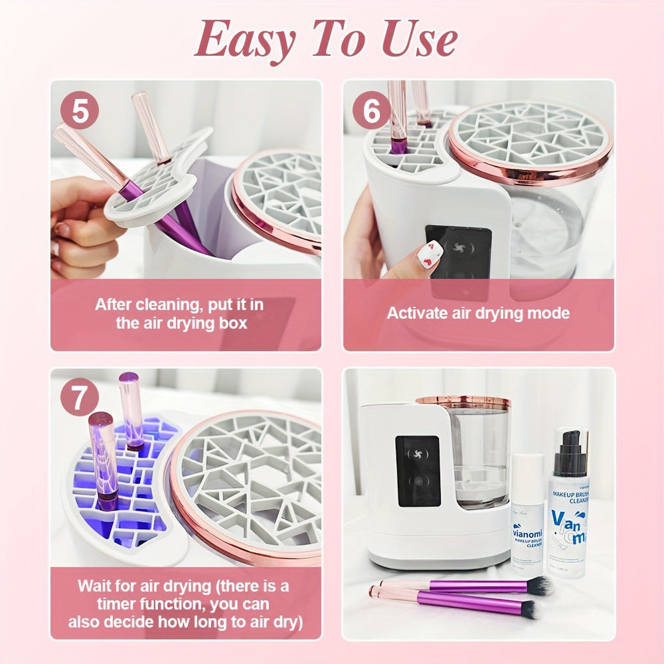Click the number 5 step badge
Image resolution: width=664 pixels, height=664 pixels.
tap(80, 111)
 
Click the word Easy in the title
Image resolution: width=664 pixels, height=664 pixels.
tap(244, 40)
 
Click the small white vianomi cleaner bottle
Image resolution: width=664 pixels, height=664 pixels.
tap(528, 511)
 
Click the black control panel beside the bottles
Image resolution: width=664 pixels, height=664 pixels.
tap(418, 471)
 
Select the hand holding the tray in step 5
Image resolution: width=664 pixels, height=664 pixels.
tap(80, 226)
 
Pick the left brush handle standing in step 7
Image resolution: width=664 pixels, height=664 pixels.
tap(104, 458)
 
